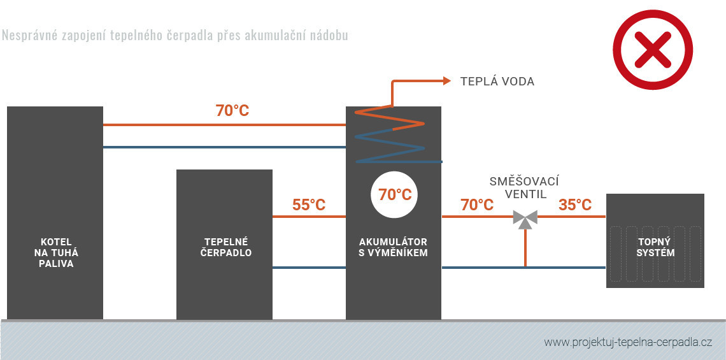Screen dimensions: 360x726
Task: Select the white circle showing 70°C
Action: click(x=395, y=194)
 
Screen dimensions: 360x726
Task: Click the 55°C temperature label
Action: click(x=309, y=205)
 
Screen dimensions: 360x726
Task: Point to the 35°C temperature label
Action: click(x=574, y=205)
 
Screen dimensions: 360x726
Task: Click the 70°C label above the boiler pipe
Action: click(x=232, y=111)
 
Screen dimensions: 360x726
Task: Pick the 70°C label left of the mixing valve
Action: click(x=477, y=205)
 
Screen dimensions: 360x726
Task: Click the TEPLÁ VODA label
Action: click(x=497, y=82)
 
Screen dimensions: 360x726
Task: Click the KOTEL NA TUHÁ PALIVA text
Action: click(x=56, y=252)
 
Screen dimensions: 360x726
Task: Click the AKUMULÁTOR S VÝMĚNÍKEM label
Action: click(x=393, y=247)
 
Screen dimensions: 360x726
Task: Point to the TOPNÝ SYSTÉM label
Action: click(x=656, y=247)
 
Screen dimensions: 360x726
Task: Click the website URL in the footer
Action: click(x=627, y=342)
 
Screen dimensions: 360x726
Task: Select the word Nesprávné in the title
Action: click(x=26, y=35)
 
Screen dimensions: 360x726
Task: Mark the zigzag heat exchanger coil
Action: click(x=390, y=135)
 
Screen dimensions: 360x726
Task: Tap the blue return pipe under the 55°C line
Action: click(x=309, y=268)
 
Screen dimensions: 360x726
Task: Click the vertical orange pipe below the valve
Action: click(x=525, y=248)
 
